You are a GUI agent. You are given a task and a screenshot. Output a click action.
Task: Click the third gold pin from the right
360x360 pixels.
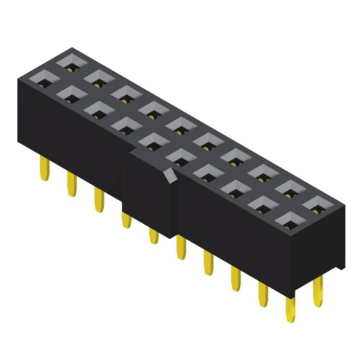[262, 294]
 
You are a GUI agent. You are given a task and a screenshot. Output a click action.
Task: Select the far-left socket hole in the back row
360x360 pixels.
[71, 63]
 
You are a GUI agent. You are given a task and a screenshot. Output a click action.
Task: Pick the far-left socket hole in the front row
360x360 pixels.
[42, 78]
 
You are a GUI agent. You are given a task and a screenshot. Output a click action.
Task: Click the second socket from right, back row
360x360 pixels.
[289, 189]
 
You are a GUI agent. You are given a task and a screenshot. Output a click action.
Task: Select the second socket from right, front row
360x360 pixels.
[261, 203]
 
